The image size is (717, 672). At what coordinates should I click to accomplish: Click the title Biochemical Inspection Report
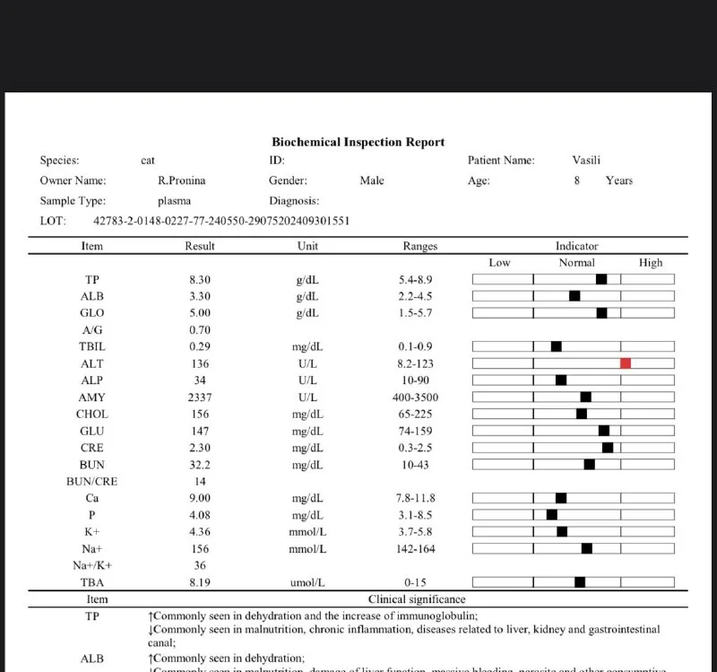click(358, 142)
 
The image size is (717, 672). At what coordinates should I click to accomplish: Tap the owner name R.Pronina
click(181, 180)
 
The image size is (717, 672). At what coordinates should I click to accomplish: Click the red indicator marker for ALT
click(626, 363)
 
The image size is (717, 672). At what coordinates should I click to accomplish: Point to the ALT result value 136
click(199, 363)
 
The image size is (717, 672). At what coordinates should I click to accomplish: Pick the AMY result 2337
click(199, 397)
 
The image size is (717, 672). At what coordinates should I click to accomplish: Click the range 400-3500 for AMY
click(419, 397)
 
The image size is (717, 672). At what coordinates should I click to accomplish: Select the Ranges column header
click(419, 246)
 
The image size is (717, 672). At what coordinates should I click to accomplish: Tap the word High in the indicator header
click(651, 263)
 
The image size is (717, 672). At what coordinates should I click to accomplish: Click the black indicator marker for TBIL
click(556, 346)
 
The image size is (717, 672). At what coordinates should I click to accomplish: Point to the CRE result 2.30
click(199, 448)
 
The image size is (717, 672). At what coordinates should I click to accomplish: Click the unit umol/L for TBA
click(307, 582)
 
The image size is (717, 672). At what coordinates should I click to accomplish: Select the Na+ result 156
click(199, 549)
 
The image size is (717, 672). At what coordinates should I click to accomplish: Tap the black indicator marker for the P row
click(551, 515)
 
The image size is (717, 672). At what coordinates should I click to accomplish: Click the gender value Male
click(372, 180)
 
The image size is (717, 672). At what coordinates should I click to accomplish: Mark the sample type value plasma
click(174, 201)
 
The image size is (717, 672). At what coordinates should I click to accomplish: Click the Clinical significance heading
click(417, 599)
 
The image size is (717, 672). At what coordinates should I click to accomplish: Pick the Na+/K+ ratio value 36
click(199, 565)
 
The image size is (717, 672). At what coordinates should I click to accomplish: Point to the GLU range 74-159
click(419, 431)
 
